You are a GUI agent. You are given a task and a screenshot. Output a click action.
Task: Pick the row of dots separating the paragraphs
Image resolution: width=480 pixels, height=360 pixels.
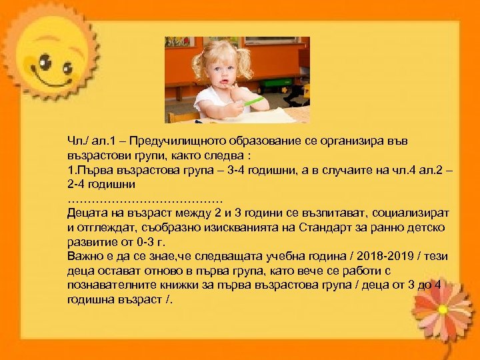pos(145,198)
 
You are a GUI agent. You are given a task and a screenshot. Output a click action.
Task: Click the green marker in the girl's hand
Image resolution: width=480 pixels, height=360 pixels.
pos(254,101)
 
